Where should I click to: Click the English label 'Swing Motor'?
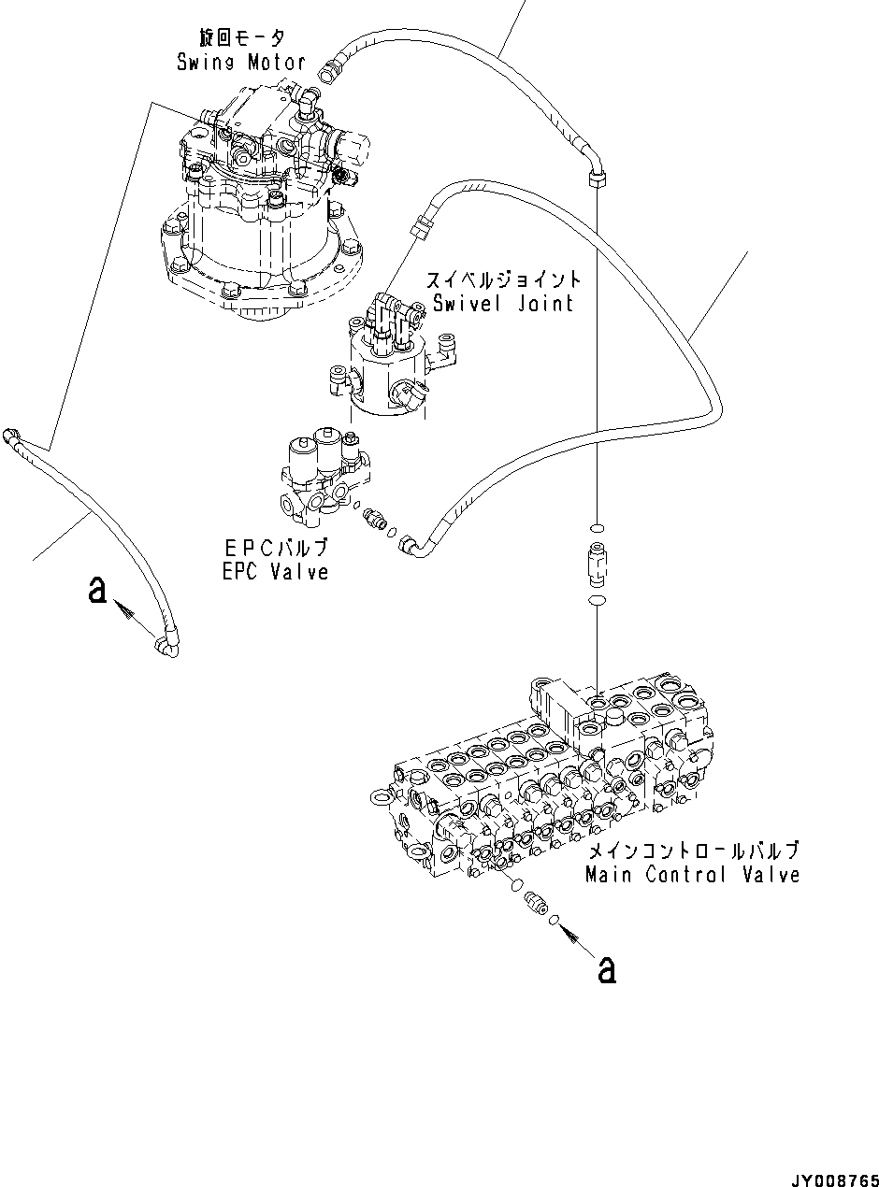pos(241,63)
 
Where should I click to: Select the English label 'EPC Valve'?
pos(276,571)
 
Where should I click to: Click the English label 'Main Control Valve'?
pos(692,875)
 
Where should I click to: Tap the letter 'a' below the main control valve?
pos(607,971)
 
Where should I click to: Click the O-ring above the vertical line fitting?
pos(596,528)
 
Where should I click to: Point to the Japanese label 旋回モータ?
pos(240,37)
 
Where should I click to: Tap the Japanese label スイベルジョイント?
pos(503,279)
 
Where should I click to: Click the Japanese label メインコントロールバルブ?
pos(692,851)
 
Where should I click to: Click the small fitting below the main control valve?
pos(534,903)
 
